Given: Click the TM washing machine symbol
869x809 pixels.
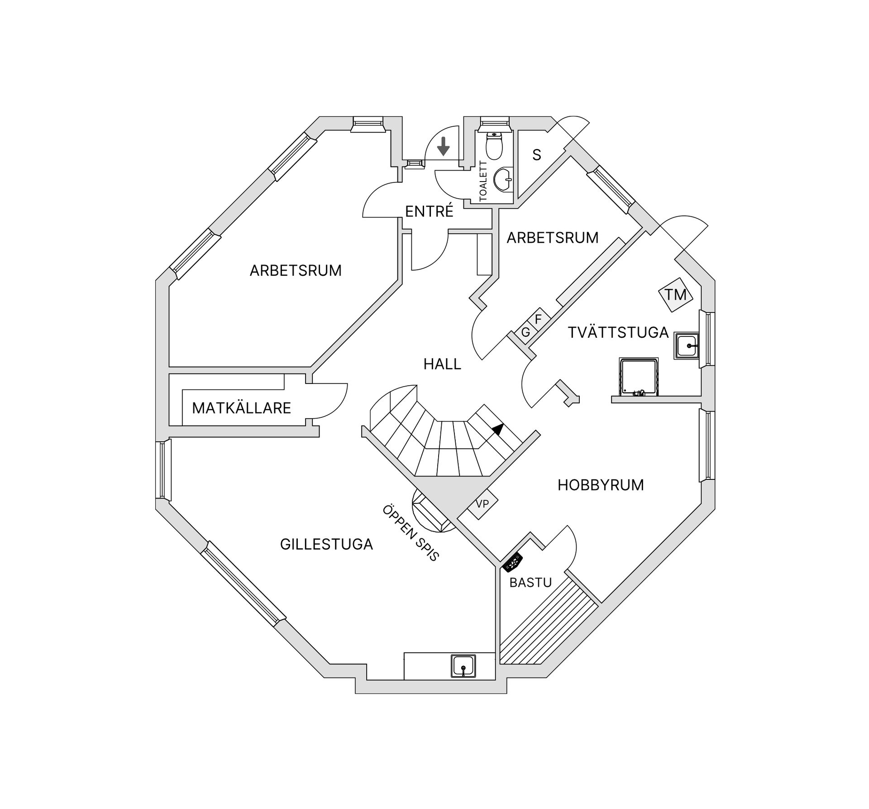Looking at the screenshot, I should coord(675,294).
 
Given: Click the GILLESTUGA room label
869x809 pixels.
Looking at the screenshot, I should coord(326,544).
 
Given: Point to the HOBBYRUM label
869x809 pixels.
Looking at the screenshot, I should coord(601,485).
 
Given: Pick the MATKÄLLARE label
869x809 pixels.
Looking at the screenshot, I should coord(241,408).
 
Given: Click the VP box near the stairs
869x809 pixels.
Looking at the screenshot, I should coord(482,503).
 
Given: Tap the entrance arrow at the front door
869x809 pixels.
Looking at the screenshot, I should coord(444,146).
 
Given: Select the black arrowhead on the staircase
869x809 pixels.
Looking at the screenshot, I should coord(498,429).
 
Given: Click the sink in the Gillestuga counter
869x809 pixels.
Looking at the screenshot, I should coord(463,666).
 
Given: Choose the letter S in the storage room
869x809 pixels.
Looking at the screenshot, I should coord(537,155).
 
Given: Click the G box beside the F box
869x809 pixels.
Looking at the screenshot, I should coord(525,332).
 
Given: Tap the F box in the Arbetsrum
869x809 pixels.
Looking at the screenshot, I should coord(538,319).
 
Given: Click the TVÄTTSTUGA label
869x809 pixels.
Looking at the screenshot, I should coord(618,333).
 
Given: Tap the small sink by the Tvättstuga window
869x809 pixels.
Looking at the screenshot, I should coord(687,346).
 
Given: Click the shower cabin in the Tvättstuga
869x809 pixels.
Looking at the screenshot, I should coord(639,377).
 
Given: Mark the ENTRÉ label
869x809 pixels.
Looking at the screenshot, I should coord(429,211).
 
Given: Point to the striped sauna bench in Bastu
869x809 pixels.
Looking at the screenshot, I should coord(549,625).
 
